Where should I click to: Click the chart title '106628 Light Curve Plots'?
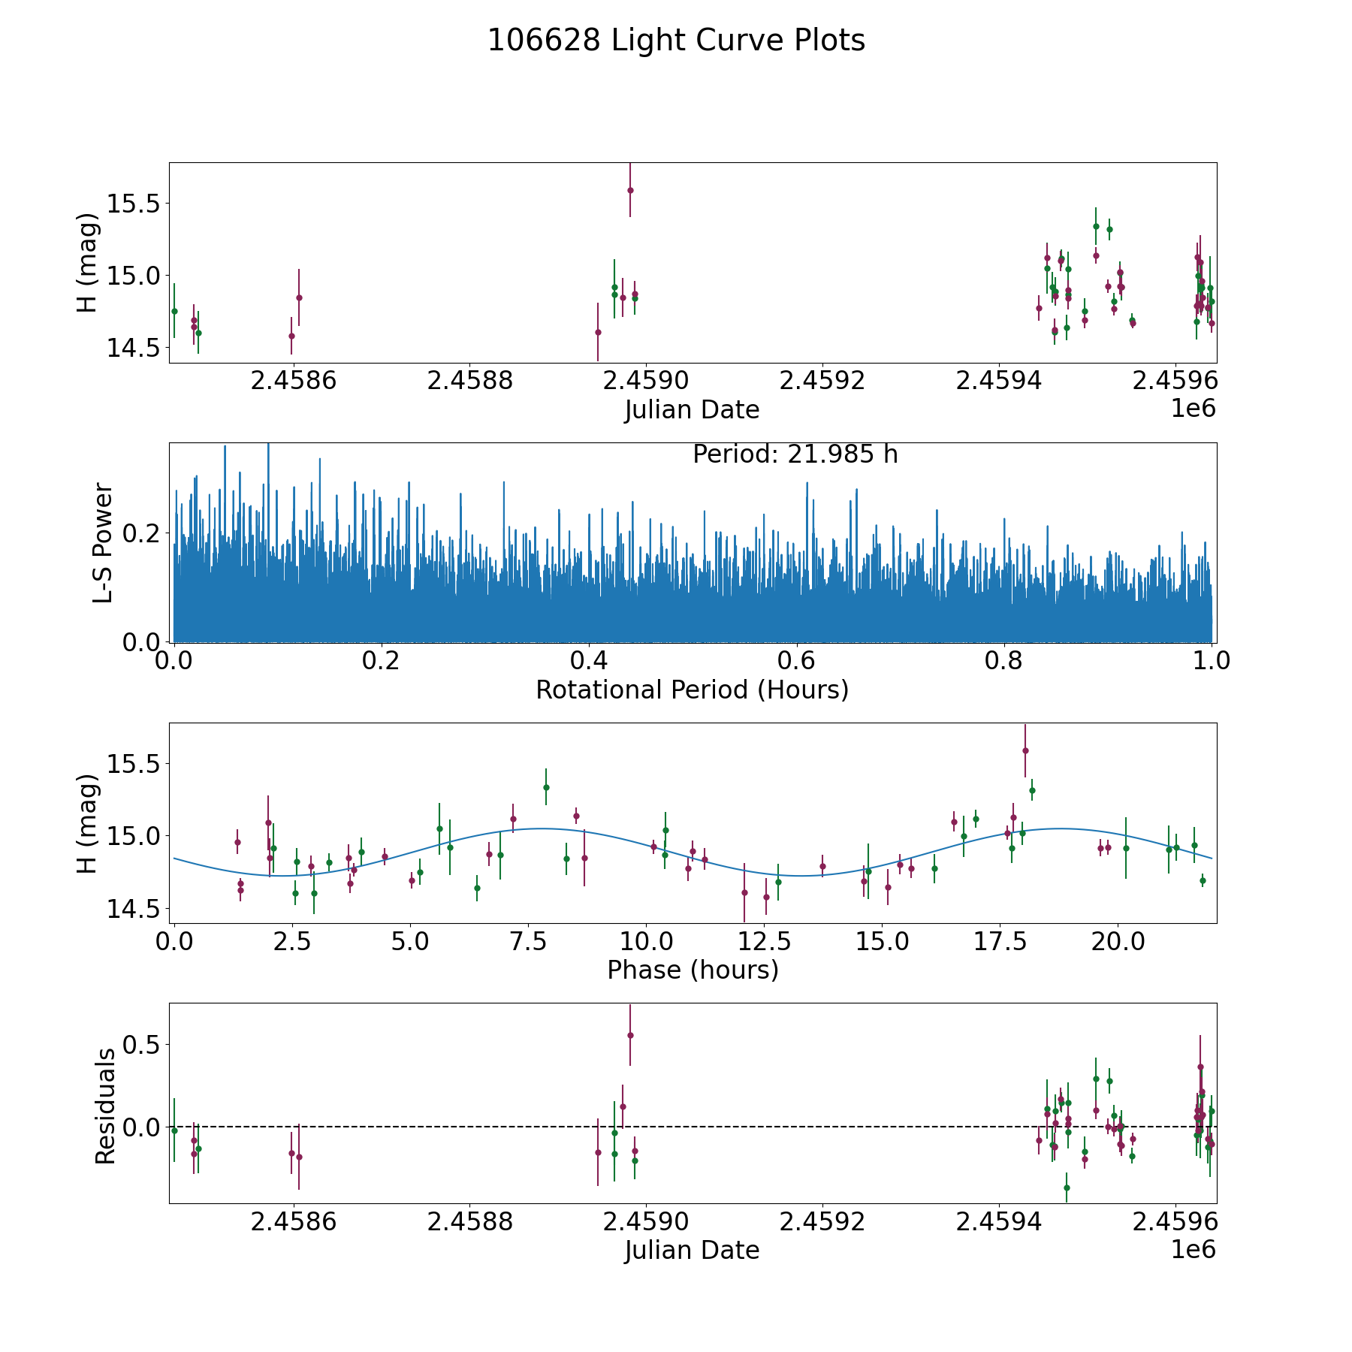pos(676,41)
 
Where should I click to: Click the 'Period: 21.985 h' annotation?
pos(795,454)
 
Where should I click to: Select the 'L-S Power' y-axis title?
pos(103,542)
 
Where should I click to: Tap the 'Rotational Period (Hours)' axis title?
pos(692,690)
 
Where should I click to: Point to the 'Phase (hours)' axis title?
pos(692,970)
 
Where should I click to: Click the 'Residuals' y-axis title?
pos(105,1106)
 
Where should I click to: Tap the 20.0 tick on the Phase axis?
pos(1118,941)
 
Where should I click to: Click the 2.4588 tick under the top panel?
pos(470,381)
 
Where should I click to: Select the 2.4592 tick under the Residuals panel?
pos(822,1221)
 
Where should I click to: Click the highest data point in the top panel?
pos(630,190)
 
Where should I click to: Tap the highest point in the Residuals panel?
pos(630,1035)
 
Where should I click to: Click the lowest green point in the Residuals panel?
pos(1067,1188)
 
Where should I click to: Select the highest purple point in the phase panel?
pos(1025,750)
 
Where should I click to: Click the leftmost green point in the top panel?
pos(174,311)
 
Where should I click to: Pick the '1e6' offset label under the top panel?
pos(1193,409)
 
